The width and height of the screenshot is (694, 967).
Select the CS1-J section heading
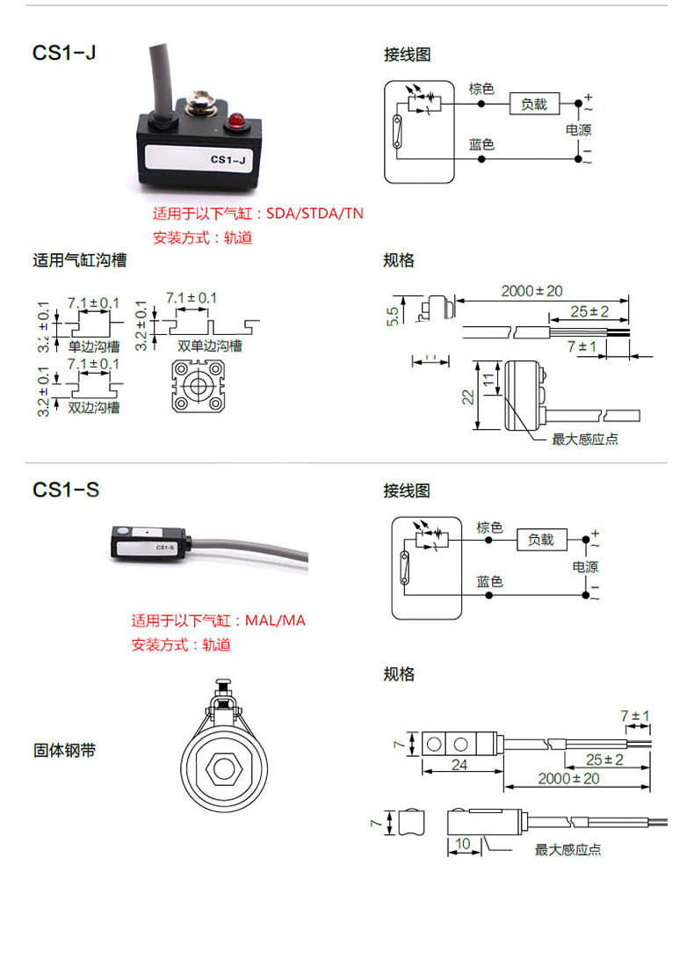pos(64,54)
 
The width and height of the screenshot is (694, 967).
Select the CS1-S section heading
pos(66,490)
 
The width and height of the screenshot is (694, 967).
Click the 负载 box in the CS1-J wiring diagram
pos(534,104)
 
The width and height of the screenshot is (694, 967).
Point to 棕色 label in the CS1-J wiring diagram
pos(481,89)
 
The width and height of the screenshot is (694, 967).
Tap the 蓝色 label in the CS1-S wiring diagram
pos(489,581)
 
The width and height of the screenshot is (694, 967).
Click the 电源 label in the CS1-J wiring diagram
pos(578,130)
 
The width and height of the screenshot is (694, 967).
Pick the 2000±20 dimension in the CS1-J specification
pos(531,291)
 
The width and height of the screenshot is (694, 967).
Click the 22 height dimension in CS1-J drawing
pos(467,396)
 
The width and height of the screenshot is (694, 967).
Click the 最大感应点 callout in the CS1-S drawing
pos(568,850)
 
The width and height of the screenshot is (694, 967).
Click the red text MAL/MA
pos(276,621)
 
